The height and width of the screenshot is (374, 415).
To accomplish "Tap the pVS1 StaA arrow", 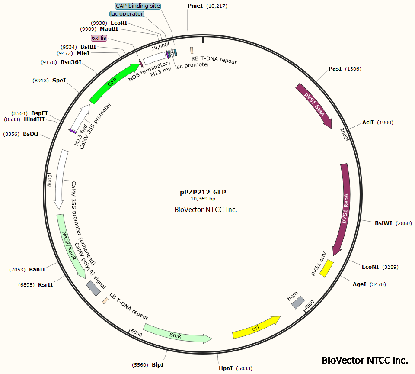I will [314, 106].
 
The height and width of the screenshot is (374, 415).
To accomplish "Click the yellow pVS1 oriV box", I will [326, 268].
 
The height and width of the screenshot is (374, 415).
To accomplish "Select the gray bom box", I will [298, 303].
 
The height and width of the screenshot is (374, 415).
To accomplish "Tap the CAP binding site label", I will [138, 6].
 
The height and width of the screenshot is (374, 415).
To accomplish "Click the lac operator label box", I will [126, 14].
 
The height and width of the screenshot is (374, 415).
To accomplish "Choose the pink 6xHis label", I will [99, 38].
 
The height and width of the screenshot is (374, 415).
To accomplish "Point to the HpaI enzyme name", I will [225, 368].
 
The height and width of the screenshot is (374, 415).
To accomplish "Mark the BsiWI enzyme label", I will [383, 223].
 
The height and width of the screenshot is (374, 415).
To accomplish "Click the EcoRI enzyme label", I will [118, 23].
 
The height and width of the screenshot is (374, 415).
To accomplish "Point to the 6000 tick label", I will [136, 333].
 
